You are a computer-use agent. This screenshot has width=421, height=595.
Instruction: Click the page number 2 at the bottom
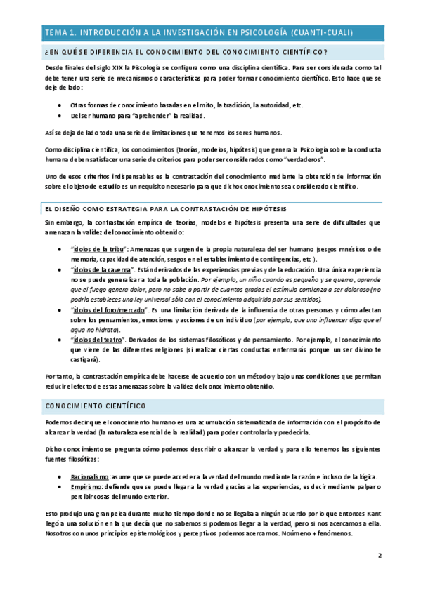click(x=380, y=556)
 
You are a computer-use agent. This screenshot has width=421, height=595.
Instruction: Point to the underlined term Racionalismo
click(x=89, y=476)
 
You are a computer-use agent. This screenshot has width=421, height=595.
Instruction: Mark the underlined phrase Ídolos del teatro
click(x=98, y=339)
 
